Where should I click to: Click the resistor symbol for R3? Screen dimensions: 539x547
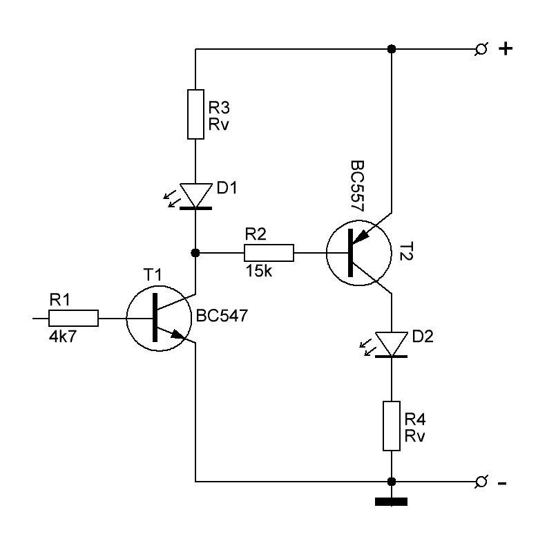click(196, 113)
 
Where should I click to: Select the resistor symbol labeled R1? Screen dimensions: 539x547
click(73, 318)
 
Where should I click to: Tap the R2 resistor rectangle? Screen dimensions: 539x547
click(269, 253)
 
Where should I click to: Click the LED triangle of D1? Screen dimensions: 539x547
click(196, 195)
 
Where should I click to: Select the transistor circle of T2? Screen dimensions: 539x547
click(354, 253)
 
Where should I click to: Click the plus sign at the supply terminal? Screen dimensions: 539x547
click(506, 49)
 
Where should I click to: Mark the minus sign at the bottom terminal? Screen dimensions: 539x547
click(502, 482)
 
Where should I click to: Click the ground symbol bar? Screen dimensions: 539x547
click(392, 502)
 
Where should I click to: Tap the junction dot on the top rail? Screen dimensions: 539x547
click(392, 49)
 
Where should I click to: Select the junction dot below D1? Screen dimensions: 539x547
click(196, 253)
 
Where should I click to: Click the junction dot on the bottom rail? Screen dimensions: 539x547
click(392, 481)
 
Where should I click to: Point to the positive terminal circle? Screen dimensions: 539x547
click(481, 49)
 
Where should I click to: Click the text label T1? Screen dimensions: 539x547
click(153, 275)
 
